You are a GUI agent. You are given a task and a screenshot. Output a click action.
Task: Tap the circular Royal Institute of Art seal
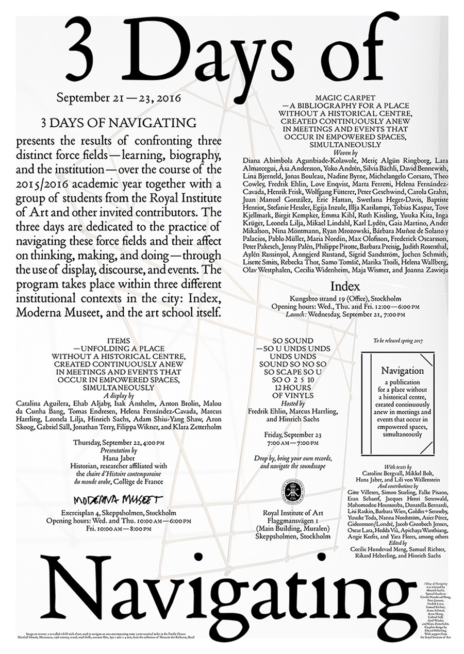pos(293,490)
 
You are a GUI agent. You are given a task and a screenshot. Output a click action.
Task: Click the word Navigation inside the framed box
pos(403,371)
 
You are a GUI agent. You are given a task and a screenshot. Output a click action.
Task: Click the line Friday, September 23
pos(293,434)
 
